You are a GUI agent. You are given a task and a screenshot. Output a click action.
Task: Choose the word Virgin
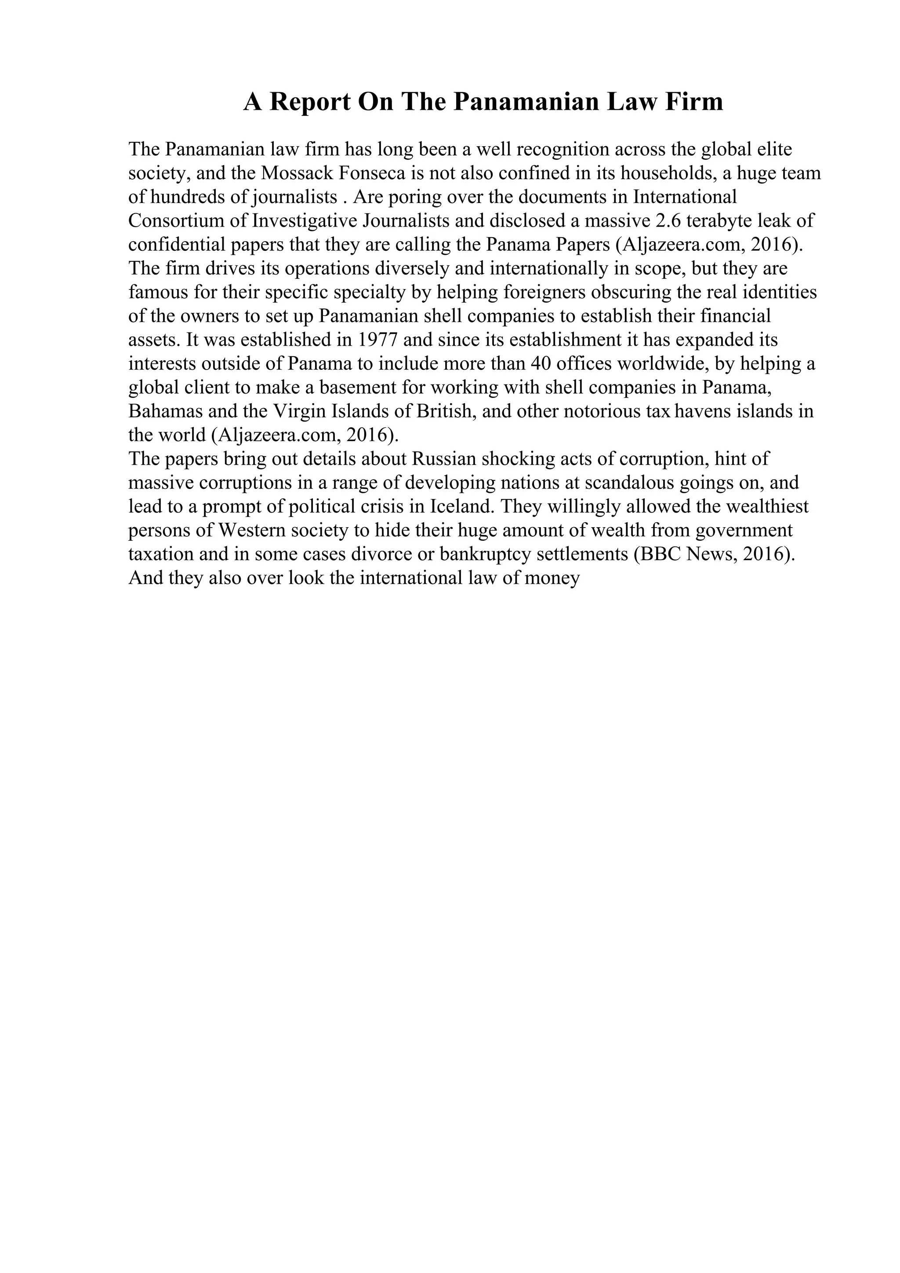(301, 412)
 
